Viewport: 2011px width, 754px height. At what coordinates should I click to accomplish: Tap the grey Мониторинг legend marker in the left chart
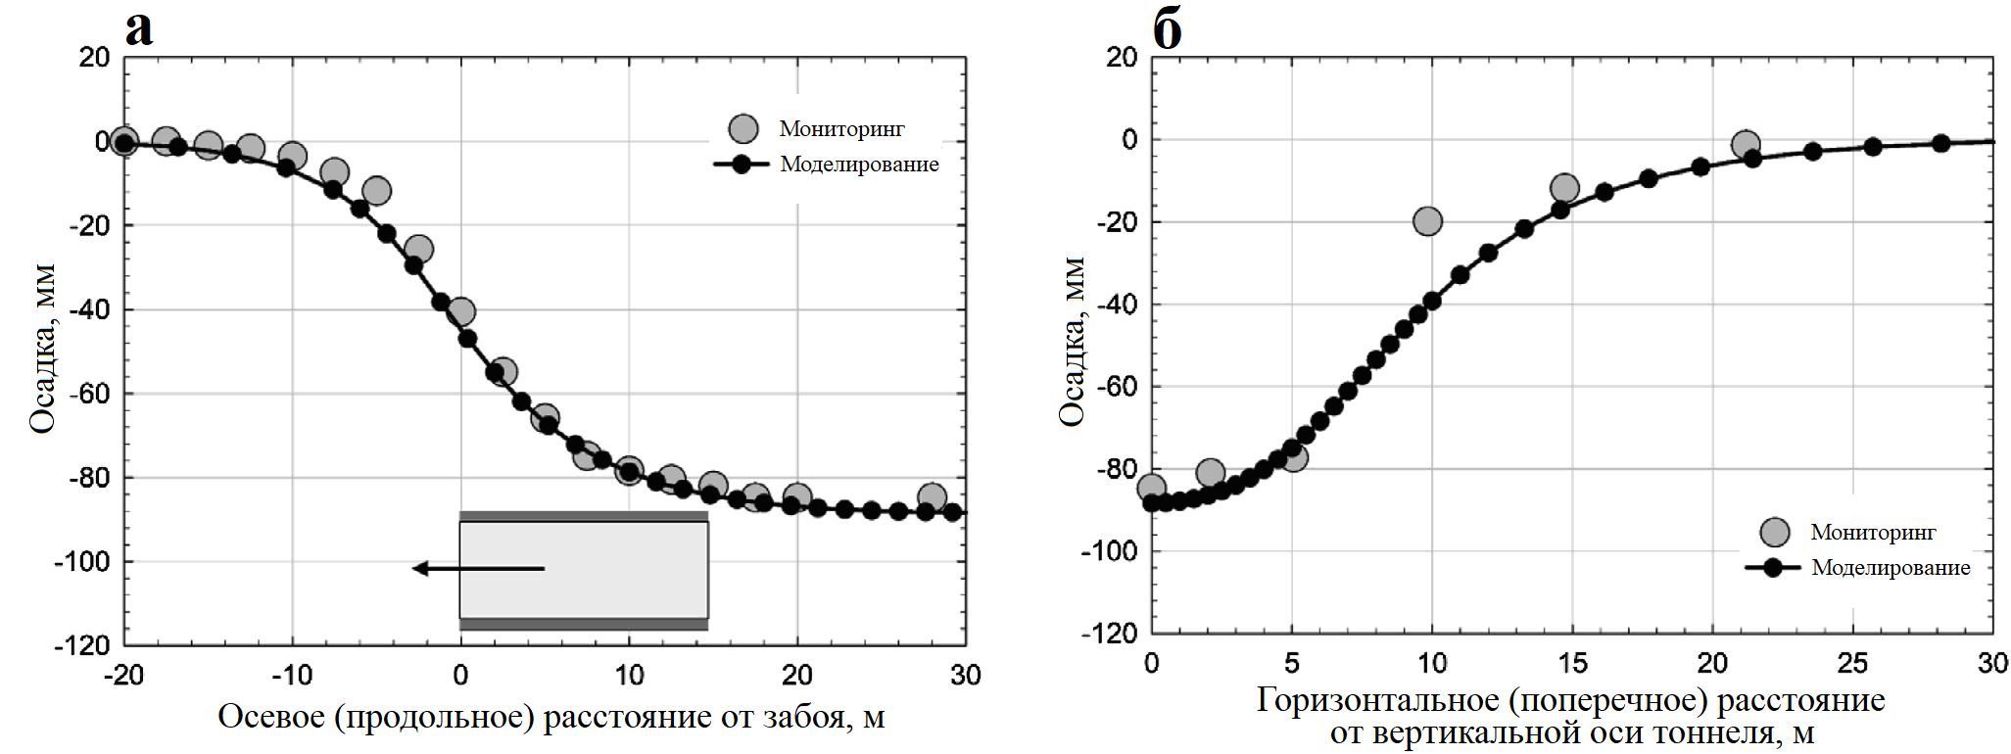pyautogui.click(x=744, y=128)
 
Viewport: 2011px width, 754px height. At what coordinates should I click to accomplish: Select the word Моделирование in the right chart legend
pyautogui.click(x=1891, y=568)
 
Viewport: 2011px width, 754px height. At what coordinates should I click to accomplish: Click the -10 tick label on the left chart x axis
pyautogui.click(x=291, y=676)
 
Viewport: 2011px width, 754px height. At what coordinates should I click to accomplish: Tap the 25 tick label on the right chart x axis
pyautogui.click(x=1852, y=664)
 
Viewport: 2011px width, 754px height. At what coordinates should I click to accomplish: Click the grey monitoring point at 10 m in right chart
pyautogui.click(x=1427, y=221)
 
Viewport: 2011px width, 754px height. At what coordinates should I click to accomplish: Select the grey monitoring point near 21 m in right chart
pyautogui.click(x=1745, y=145)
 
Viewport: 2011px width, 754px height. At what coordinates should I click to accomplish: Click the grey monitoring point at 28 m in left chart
pyautogui.click(x=932, y=496)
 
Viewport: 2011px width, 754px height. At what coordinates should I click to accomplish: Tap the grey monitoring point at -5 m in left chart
pyautogui.click(x=376, y=191)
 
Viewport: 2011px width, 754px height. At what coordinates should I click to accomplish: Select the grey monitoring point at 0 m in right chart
pyautogui.click(x=1152, y=487)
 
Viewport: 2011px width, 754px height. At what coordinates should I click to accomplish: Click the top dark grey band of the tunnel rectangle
pyautogui.click(x=583, y=515)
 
